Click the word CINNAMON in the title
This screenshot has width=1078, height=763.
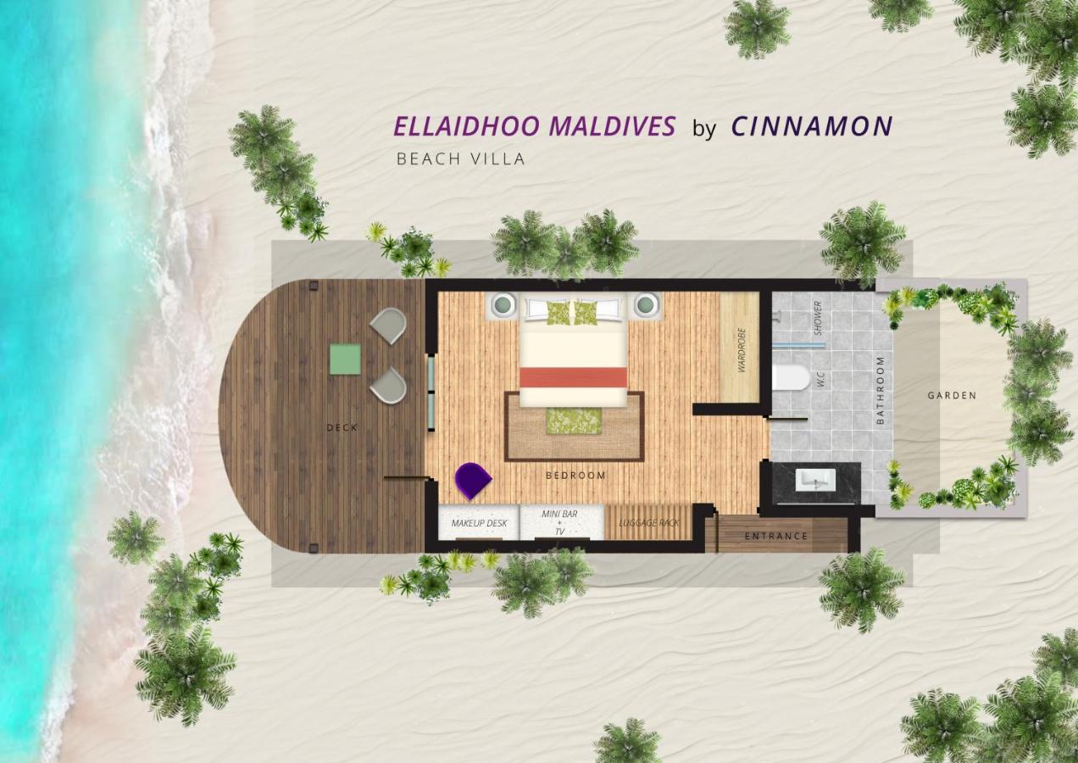click(812, 126)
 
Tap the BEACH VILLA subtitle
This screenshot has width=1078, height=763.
click(460, 159)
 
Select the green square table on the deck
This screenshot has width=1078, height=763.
click(345, 359)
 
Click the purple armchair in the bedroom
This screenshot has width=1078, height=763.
click(473, 481)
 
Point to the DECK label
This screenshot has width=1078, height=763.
click(342, 427)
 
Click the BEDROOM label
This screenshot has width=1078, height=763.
click(575, 476)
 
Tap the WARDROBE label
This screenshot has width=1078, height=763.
click(742, 350)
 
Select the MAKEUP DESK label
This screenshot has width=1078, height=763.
click(480, 523)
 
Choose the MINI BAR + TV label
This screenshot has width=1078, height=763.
click(559, 523)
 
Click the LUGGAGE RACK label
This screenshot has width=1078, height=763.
click(648, 523)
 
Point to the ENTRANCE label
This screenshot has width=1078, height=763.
click(776, 537)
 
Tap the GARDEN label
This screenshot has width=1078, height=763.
click(952, 396)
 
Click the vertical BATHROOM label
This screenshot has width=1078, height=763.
click(881, 391)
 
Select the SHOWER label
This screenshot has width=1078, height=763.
click(818, 318)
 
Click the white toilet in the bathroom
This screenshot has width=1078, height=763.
click(792, 377)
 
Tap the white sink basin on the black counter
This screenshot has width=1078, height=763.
click(815, 480)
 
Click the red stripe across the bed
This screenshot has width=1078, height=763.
click(574, 377)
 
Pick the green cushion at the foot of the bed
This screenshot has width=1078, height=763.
click(574, 420)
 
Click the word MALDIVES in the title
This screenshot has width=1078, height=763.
click(612, 126)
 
